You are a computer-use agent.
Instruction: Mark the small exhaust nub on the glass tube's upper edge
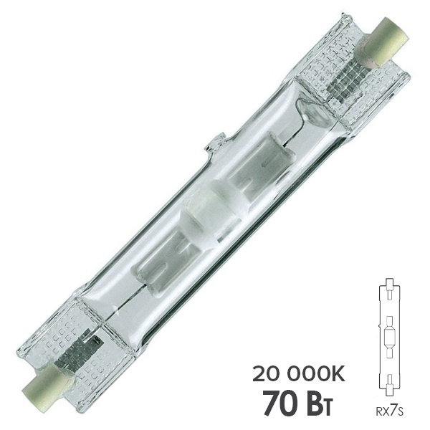click(x=216, y=143)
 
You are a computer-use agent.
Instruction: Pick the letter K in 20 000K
click(x=335, y=373)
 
